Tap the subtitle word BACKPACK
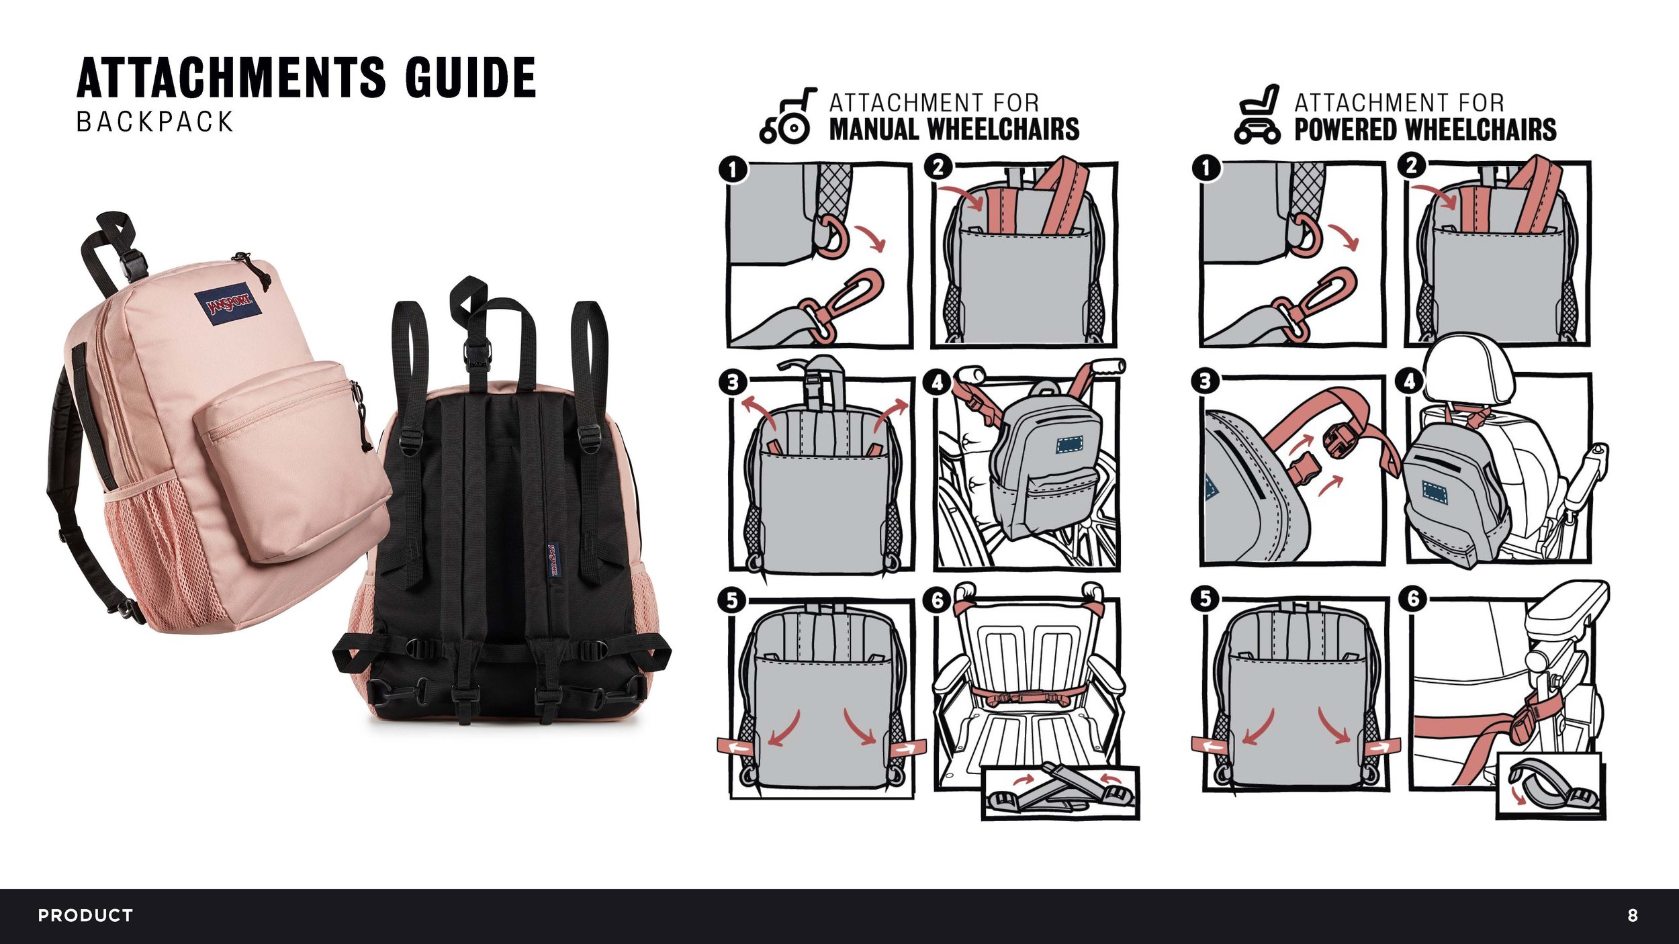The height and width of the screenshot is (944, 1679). tap(155, 122)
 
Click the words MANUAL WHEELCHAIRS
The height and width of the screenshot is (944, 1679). tap(954, 130)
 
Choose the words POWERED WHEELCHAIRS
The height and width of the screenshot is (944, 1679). tap(1425, 130)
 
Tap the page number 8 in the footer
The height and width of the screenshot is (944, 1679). tap(1633, 916)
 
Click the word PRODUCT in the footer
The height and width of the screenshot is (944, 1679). tap(85, 916)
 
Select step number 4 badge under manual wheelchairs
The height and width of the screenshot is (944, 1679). tap(938, 383)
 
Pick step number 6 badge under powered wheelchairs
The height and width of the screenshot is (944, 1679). tap(1412, 598)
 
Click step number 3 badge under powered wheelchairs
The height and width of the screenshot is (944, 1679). tap(1206, 381)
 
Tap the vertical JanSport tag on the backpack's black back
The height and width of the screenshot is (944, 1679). tap(553, 560)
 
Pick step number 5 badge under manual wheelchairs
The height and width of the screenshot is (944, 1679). tap(732, 600)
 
